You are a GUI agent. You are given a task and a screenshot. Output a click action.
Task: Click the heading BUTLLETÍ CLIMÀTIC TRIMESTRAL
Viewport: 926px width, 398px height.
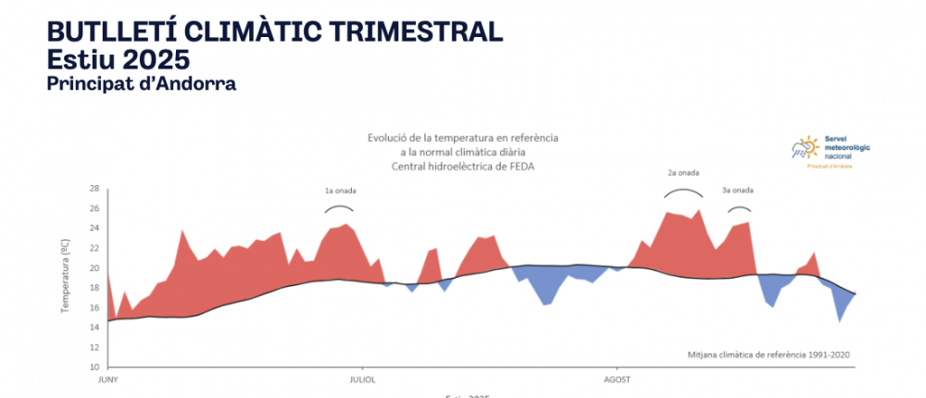275,31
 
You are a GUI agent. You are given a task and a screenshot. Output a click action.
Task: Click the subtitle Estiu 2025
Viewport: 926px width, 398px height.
118,59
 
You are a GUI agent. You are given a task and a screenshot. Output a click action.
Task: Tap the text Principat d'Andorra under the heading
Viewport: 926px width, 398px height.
141,84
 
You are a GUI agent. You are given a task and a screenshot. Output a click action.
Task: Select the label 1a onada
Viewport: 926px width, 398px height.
340,191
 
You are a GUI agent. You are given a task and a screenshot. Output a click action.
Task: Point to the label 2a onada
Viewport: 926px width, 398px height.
682,172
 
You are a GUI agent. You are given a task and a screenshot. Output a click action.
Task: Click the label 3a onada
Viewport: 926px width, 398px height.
737,191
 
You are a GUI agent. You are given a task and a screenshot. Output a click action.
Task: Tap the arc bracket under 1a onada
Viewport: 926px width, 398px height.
340,206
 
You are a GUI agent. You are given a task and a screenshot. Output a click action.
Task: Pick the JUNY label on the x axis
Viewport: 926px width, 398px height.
109,379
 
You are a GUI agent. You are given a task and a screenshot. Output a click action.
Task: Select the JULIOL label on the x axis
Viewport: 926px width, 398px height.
362,379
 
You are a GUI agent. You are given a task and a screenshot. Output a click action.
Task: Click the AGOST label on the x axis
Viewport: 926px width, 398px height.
617,379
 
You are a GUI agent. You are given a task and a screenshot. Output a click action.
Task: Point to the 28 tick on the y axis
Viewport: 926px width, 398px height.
94,188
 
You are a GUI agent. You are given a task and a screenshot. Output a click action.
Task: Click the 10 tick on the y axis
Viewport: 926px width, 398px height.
94,367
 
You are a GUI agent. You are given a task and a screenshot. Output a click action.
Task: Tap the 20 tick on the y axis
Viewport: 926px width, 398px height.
94,268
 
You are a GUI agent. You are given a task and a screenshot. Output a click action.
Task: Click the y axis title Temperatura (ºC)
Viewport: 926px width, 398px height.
66,273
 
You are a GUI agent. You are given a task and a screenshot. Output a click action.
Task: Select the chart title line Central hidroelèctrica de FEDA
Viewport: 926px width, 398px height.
463,166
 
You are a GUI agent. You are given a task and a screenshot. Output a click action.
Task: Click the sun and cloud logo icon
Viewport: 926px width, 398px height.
805,148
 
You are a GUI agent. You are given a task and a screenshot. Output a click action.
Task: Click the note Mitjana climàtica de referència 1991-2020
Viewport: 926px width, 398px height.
769,354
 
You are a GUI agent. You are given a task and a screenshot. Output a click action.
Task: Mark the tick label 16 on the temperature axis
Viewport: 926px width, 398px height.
94,308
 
